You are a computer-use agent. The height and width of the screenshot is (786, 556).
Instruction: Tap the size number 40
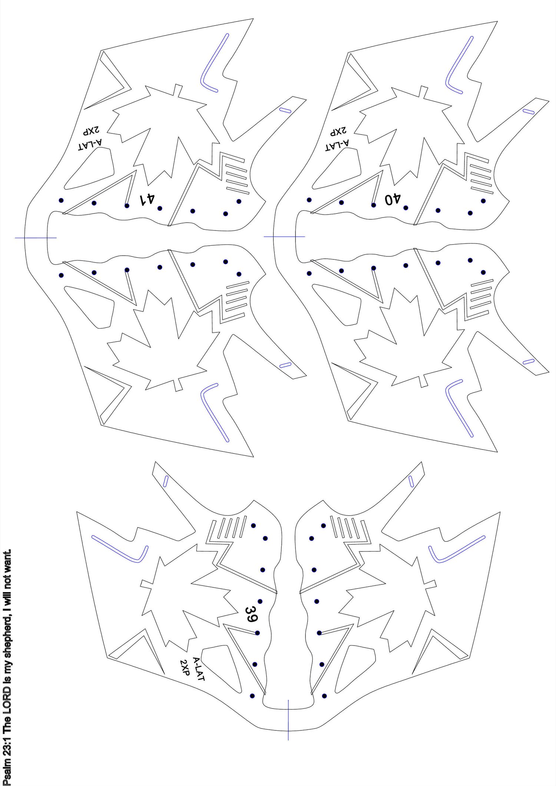[x=393, y=199]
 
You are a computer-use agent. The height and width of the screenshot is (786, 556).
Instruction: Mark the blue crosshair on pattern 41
[x=36, y=238]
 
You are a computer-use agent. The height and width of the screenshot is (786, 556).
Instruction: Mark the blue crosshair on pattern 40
[x=284, y=236]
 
